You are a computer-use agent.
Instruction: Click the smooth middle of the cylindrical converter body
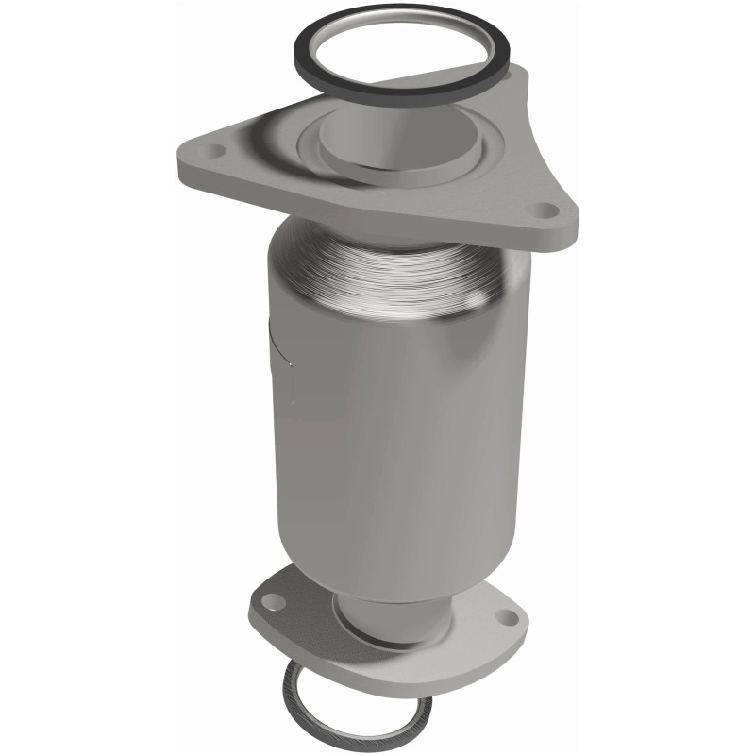pyautogui.click(x=396, y=415)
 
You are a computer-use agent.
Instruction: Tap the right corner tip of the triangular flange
pyautogui.click(x=572, y=226)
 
